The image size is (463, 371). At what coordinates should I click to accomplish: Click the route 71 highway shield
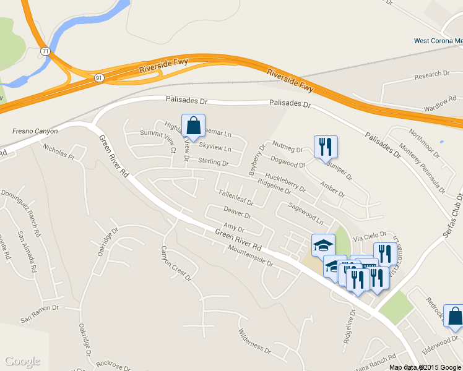[46, 50]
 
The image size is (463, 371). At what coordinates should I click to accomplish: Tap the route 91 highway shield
[99, 77]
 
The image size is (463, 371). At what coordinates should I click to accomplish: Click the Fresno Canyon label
[35, 131]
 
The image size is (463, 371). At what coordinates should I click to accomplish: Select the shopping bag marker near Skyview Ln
[194, 126]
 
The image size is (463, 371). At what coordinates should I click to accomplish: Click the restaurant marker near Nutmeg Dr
[326, 147]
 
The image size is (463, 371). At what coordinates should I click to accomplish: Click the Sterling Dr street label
[213, 162]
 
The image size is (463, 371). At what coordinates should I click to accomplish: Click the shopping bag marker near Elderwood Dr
[454, 315]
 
